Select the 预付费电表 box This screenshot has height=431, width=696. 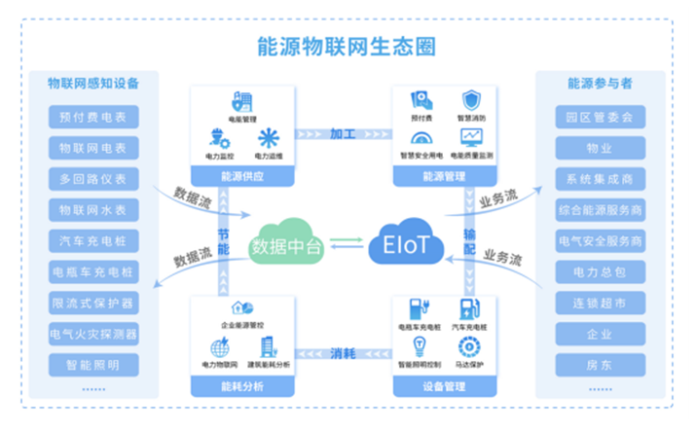[x=93, y=119]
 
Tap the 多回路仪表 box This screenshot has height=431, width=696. [x=93, y=180]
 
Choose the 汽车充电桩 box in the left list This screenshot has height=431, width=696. [x=93, y=241]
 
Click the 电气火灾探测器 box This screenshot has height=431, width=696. [x=93, y=335]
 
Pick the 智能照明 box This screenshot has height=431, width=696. [x=93, y=366]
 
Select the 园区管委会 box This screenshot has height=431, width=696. [x=600, y=119]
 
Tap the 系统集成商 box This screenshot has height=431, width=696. [x=600, y=180]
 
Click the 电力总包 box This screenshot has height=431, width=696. [x=600, y=272]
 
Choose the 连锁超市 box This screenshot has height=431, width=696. [x=600, y=304]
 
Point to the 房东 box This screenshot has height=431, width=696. [x=600, y=366]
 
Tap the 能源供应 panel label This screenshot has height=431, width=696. [x=242, y=176]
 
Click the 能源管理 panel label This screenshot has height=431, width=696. [x=445, y=176]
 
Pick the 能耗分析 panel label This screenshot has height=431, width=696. [x=242, y=386]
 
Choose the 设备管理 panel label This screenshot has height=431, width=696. [x=445, y=386]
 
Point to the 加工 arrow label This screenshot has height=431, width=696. [x=343, y=133]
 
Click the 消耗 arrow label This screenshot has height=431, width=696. [x=343, y=352]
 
